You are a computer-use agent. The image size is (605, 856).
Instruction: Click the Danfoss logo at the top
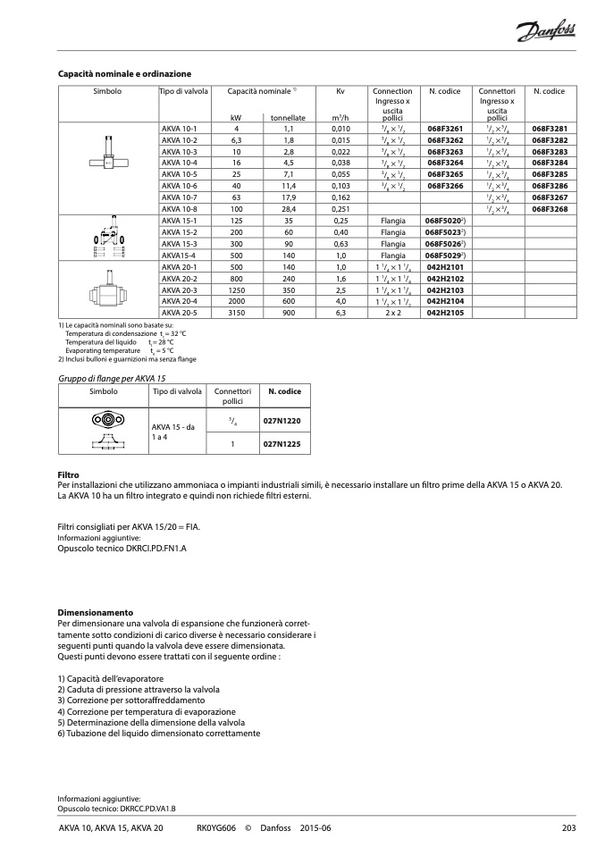click(546, 34)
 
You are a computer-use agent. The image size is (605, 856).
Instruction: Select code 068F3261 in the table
click(444, 130)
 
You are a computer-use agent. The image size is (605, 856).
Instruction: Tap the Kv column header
click(340, 91)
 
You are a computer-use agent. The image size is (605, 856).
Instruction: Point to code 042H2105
click(444, 313)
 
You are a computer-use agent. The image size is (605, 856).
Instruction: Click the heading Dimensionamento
click(95, 612)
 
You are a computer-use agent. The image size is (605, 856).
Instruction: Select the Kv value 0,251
click(340, 208)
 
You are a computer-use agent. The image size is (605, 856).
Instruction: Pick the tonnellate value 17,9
click(289, 197)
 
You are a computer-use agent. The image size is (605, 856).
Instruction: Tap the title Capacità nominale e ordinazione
click(124, 73)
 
